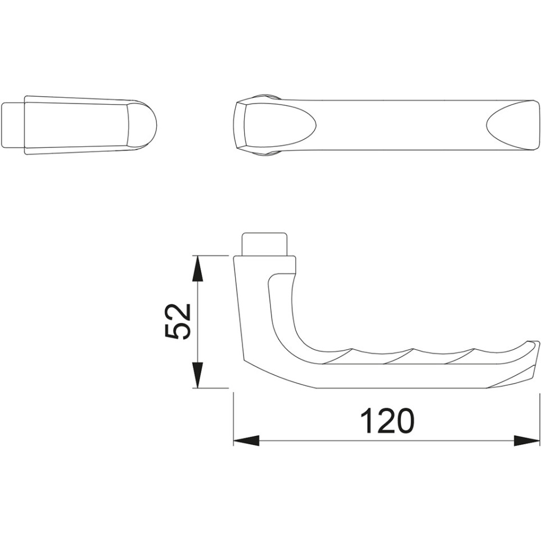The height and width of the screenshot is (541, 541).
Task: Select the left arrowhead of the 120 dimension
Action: click(x=246, y=440)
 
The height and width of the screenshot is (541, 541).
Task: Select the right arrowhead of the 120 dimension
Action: click(x=527, y=440)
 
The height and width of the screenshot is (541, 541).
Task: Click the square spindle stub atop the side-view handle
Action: click(x=265, y=244)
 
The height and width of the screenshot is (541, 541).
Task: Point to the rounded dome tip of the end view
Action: click(x=142, y=125)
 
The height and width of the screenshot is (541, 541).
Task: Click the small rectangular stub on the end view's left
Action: click(x=13, y=124)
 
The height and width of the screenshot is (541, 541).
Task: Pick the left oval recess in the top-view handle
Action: click(x=279, y=125)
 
